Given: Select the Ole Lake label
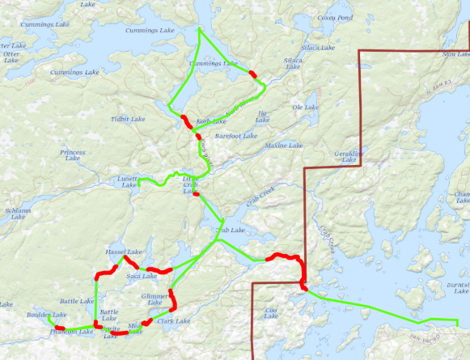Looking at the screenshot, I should (x=306, y=107).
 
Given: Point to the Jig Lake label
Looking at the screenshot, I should (x=261, y=116).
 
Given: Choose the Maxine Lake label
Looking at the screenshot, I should (x=284, y=146).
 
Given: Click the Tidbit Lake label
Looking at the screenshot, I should (x=125, y=119).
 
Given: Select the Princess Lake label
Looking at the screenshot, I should (x=72, y=155).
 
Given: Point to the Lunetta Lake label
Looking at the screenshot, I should (x=129, y=182).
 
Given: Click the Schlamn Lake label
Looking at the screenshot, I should (x=18, y=213).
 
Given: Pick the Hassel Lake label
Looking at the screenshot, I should (x=124, y=252).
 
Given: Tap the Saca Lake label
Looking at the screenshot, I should (x=142, y=277).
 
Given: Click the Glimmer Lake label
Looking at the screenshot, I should (x=155, y=299).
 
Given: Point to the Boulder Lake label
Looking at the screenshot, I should (x=46, y=315).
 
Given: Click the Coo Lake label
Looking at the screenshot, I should (x=272, y=312).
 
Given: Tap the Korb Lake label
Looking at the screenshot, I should (x=209, y=121).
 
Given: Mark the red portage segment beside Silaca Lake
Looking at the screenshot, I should (x=254, y=74).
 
